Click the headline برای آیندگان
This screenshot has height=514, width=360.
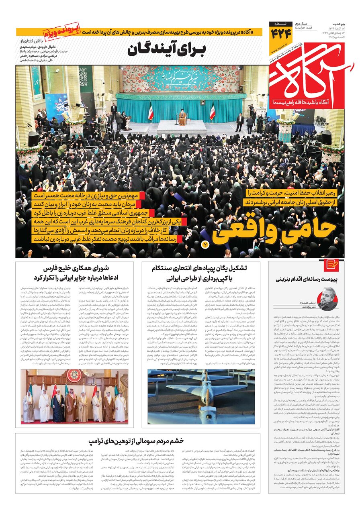point(166,51)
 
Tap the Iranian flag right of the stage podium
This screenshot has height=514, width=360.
point(212,112)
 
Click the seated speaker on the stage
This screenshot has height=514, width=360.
point(182,117)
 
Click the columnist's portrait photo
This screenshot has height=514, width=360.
point(328,298)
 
